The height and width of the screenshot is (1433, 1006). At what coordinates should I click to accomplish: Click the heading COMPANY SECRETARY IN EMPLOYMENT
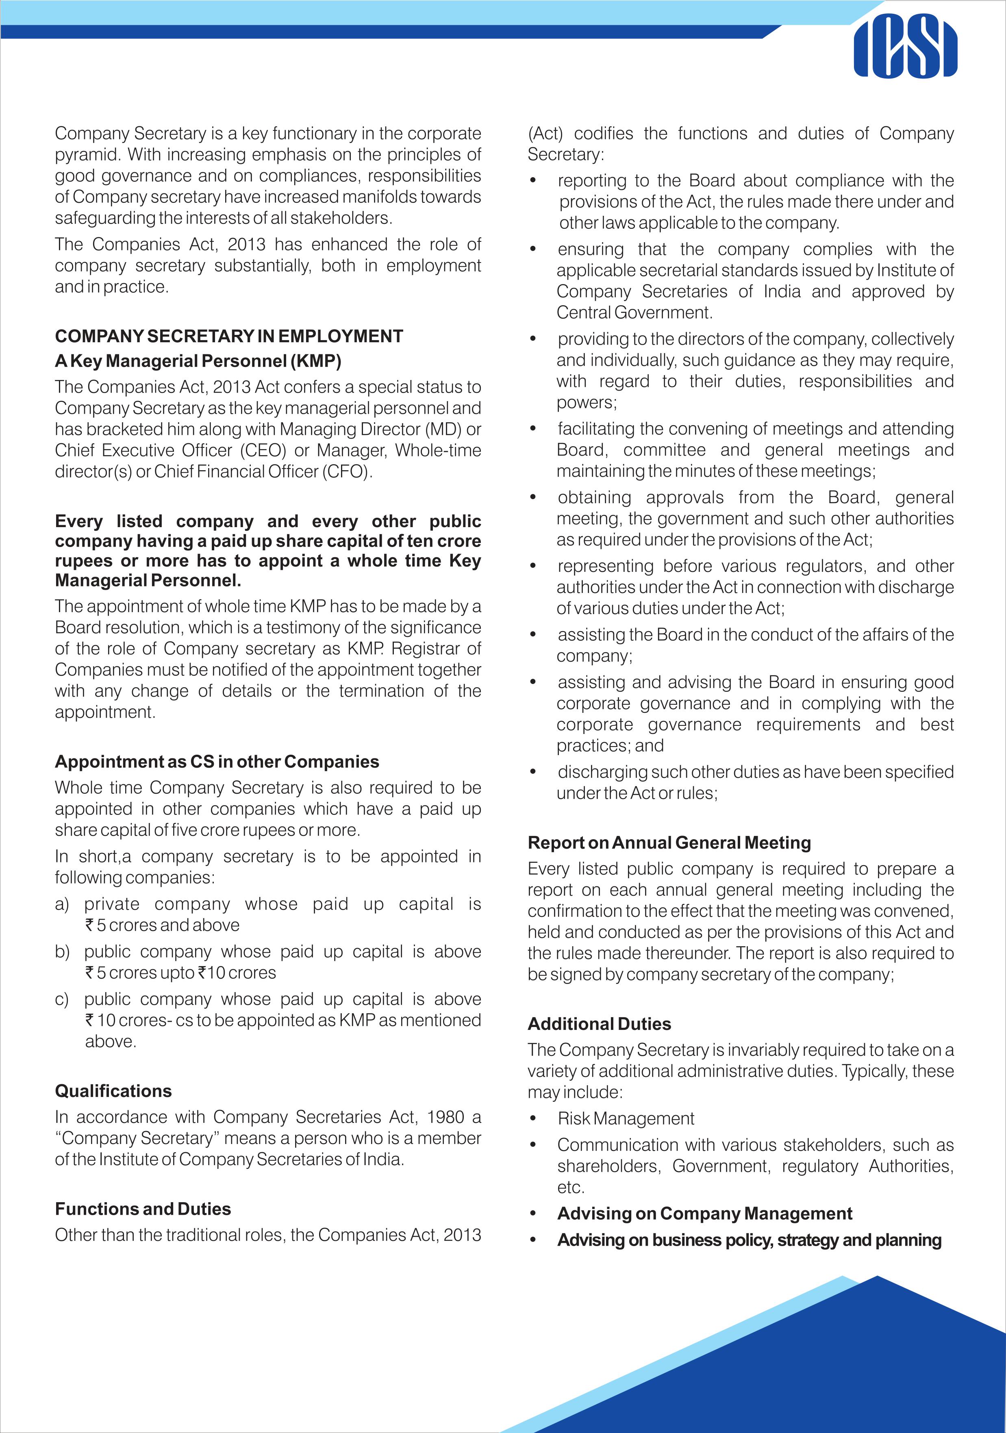pos(229,337)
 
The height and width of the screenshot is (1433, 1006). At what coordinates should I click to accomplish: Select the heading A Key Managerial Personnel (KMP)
pos(198,361)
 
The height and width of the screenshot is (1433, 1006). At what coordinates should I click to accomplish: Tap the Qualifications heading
pos(113,1090)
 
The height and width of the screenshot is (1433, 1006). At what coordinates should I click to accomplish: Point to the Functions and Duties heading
pos(143,1209)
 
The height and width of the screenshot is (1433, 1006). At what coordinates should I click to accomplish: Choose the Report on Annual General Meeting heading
pos(669,842)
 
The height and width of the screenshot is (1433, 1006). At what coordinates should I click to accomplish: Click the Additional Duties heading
pos(599,1024)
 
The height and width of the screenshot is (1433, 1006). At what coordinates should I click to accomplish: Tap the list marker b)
pos(62,952)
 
